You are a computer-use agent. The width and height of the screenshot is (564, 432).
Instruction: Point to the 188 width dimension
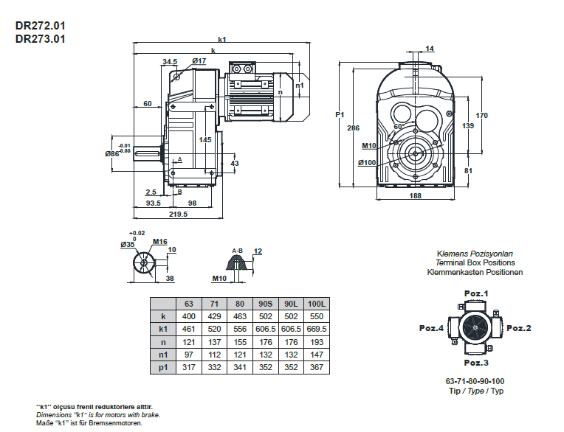[x=415, y=196]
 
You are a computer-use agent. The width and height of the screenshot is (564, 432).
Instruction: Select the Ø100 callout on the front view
[x=367, y=162]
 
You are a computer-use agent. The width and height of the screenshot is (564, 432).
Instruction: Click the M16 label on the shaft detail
[x=160, y=241]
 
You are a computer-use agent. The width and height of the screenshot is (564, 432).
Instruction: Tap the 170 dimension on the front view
[x=482, y=115]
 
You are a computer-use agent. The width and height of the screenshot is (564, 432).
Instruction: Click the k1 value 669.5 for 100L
[x=315, y=328]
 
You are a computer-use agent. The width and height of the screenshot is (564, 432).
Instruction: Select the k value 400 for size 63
[x=189, y=316]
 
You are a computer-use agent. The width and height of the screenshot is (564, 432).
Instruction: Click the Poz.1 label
[x=476, y=294]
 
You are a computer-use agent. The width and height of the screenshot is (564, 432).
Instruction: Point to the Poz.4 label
[x=431, y=328]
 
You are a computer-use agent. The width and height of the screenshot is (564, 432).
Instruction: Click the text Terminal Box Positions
[x=475, y=262]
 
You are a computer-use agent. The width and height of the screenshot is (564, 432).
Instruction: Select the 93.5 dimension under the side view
[x=154, y=202]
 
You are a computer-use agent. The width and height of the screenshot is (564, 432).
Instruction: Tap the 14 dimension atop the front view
[x=430, y=49]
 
